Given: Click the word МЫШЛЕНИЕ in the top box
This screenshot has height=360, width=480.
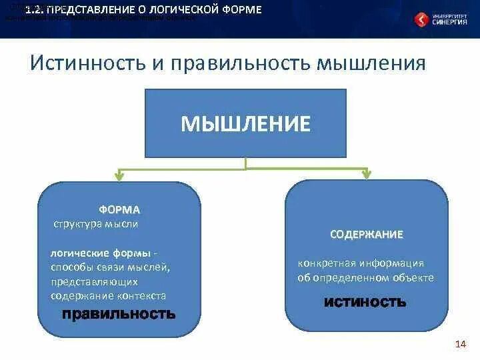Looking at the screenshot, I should [246, 124].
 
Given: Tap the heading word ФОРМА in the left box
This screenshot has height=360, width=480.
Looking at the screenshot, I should [119, 209].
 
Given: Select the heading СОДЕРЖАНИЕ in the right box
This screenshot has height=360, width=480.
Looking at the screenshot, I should [366, 235].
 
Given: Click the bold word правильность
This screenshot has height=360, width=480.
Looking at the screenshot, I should [119, 313].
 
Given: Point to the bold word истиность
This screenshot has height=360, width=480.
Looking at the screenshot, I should [365, 302].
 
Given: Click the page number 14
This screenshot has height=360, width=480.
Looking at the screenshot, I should [459, 344].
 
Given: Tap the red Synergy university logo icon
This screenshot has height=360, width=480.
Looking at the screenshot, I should [423, 20].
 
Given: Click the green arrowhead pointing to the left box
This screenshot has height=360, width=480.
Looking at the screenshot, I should [119, 176].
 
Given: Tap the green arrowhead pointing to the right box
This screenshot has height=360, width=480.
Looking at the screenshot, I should [366, 174].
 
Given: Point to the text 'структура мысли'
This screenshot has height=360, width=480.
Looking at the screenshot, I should [96, 224].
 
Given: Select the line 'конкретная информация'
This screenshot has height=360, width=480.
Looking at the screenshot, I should [361, 263].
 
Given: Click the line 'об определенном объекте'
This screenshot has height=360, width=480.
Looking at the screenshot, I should [365, 277].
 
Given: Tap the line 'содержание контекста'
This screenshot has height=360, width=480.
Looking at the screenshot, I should [108, 295].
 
